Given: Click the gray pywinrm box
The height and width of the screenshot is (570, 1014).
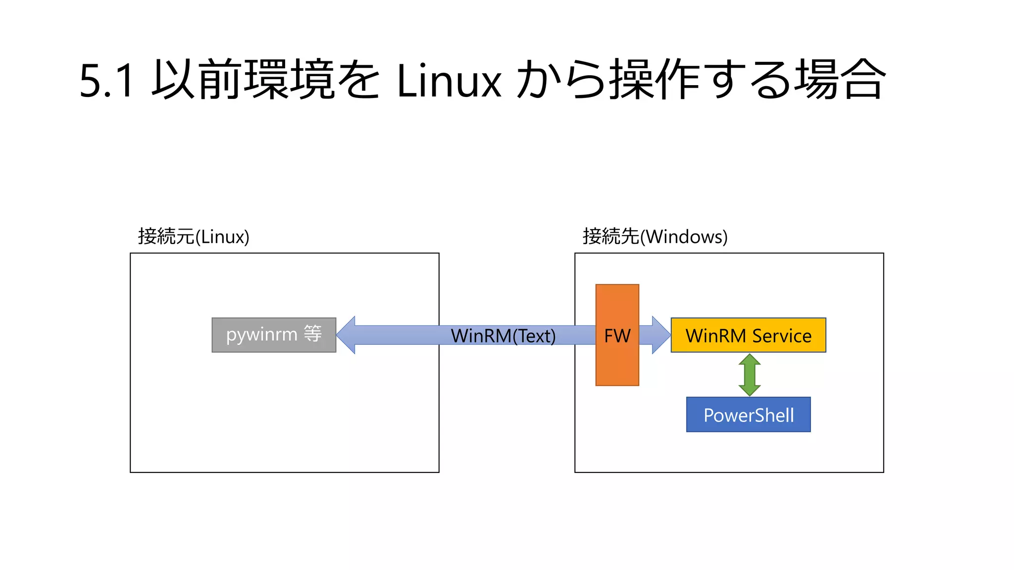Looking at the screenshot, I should [274, 335].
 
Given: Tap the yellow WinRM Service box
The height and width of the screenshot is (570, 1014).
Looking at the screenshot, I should [748, 335].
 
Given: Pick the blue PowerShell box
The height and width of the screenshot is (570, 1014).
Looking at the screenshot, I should [748, 415].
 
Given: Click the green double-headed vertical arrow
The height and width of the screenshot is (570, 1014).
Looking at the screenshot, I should [749, 375].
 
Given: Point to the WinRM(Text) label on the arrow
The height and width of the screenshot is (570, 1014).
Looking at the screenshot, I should [503, 336].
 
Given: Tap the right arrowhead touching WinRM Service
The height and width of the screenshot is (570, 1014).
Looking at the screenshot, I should [660, 335].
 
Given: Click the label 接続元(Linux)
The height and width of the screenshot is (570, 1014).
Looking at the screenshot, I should [194, 237].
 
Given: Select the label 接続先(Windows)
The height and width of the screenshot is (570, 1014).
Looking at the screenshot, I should [655, 237].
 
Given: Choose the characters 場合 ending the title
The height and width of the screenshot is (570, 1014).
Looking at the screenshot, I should [840, 79].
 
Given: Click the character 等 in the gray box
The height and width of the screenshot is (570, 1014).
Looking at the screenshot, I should [313, 334].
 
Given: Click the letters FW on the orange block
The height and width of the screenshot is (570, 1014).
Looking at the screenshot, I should [617, 336].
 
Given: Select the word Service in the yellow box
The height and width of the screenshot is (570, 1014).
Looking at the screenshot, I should [782, 336].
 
